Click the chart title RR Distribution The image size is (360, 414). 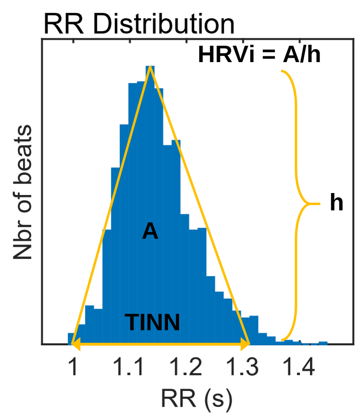coord(139,24)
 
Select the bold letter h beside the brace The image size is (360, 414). coord(336,204)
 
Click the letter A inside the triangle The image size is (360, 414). coord(150,233)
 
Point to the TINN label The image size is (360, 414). coord(152,322)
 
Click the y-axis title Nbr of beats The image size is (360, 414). coord(22,192)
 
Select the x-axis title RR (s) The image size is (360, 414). coord(197,398)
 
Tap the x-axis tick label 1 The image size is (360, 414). coord(73,368)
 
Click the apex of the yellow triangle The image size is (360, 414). coord(150,67)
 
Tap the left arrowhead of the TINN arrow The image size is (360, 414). coord(75,343)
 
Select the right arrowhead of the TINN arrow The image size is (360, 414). coord(246,343)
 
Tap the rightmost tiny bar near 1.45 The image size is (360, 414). coord(323,343)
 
